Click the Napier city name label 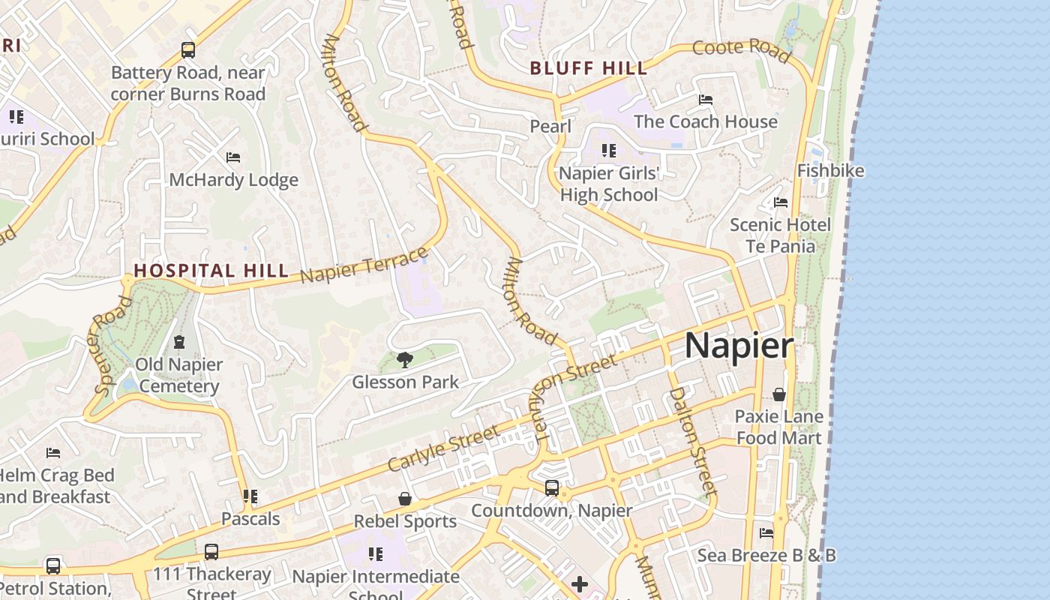pos(739,346)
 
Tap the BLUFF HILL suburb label pos(589,68)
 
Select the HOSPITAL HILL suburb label pos(211,270)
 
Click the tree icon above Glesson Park pos(405,360)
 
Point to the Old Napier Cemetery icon pos(179,343)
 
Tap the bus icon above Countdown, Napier pos(552,488)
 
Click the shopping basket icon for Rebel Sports pos(405,499)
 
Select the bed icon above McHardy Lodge pos(233,157)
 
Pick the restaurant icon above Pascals pos(250,496)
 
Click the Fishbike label pos(830,171)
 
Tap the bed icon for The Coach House pos(705,99)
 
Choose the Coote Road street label pos(741,51)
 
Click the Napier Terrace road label pos(364,265)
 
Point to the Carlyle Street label pos(443,448)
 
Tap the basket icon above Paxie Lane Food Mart pos(779,394)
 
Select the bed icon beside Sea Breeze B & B pos(766,533)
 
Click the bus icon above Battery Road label pos(188,50)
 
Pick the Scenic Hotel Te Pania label pos(780,235)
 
